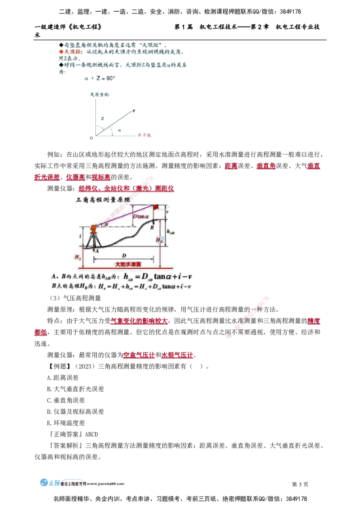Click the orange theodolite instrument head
click(94, 228)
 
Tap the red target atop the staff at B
click(156, 207)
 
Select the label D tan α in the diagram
click(140, 216)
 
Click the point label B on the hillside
click(152, 228)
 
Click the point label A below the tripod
click(98, 250)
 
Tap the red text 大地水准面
click(128, 264)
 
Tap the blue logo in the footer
click(50, 484)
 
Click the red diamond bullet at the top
click(61, 52)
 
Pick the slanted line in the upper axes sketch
click(112, 124)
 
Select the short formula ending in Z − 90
click(99, 78)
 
